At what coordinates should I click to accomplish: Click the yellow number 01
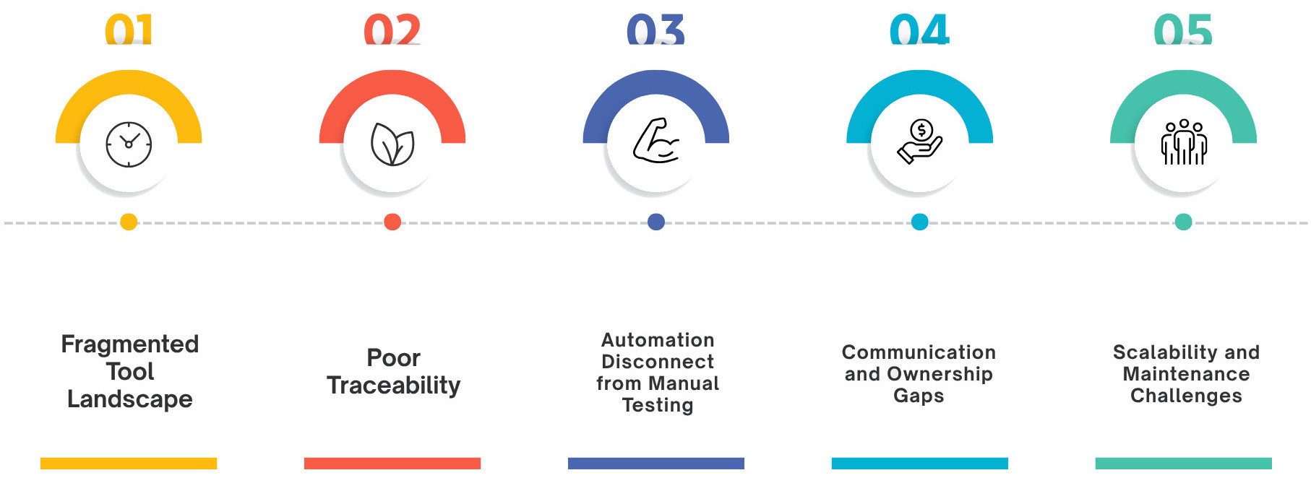pos(129,30)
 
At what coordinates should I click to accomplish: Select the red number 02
pos(392,30)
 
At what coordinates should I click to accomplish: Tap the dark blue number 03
pos(655,30)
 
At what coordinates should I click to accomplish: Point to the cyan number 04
pos(919,30)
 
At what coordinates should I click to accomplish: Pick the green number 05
pos(1183,30)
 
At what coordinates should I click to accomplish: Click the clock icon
pos(129,144)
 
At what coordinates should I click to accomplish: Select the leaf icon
pos(392,144)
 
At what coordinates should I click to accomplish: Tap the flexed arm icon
pos(656,141)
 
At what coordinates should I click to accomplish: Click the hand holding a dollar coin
pos(919,142)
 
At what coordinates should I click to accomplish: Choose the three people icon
pos(1184,142)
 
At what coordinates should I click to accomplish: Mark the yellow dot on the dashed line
pos(129,222)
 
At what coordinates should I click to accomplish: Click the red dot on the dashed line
pos(392,222)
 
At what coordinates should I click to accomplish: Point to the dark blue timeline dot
pos(656,222)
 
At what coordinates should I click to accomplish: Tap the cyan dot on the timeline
pos(920,222)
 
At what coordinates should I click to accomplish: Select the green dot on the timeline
pos(1184,222)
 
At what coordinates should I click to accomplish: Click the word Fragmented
pos(130,344)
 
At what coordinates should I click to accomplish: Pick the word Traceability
pos(393,386)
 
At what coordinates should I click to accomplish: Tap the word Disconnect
pos(658,362)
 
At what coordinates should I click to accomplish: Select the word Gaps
pos(919,396)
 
